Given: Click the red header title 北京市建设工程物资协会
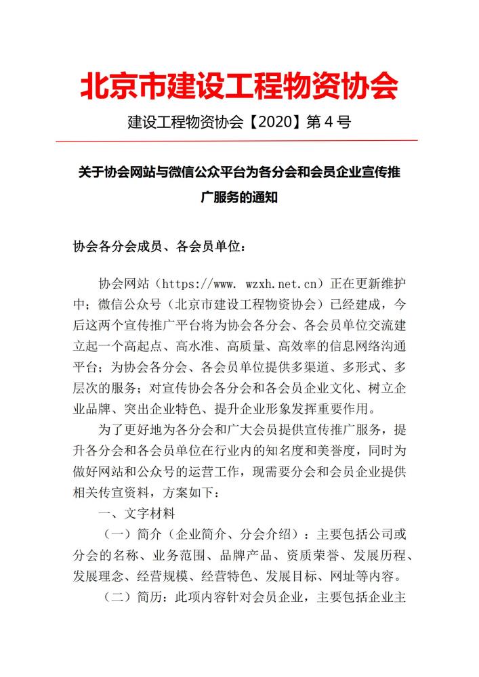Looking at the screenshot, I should click(239, 86).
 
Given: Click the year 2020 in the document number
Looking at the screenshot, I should click(278, 123).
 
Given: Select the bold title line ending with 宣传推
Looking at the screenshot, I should click(239, 172).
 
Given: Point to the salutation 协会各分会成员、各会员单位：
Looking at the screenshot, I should click(159, 246).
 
